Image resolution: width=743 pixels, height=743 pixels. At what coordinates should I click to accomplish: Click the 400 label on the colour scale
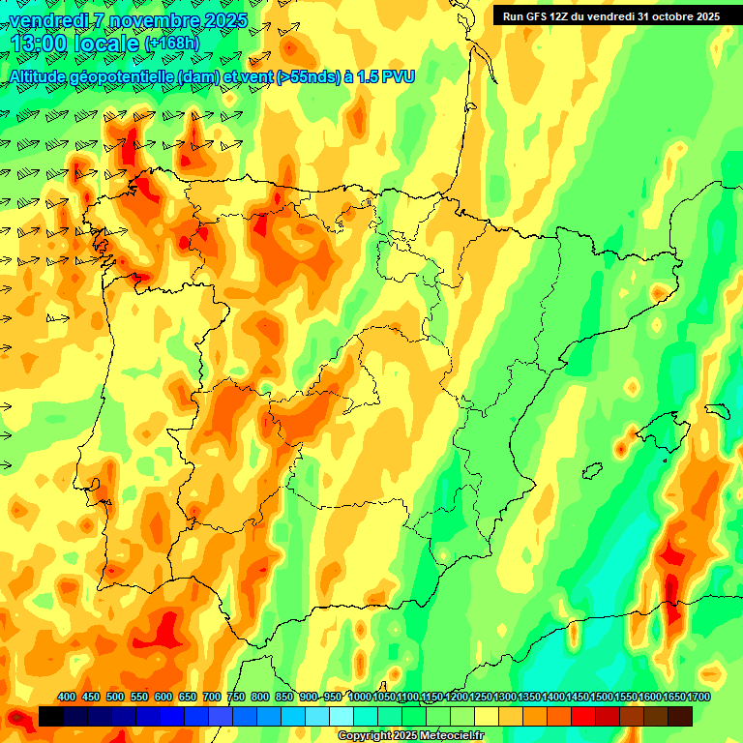67,697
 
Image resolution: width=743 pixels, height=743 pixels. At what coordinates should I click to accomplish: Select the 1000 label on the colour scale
360,697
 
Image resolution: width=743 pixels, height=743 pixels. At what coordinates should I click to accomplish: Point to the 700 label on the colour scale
212,697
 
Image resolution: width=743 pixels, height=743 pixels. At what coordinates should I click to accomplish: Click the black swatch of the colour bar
51,716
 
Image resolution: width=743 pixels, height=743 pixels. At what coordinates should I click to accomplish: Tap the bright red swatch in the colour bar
583,716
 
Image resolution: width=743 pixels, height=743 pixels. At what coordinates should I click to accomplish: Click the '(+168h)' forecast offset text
171,44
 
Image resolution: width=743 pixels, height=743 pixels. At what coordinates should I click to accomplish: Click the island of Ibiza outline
589,470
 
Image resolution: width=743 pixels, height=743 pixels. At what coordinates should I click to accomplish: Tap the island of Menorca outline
717,409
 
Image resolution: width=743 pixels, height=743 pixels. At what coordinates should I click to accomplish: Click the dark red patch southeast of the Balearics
670,571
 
